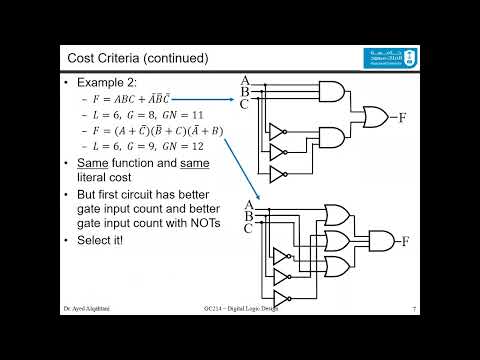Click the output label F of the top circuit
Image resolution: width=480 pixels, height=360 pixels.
coord(402,118)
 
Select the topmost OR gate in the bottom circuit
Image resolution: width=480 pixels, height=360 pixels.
coord(339,215)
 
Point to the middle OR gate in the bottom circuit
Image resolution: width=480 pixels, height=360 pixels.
coord(339,240)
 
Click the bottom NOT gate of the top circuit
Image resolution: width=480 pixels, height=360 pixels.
coord(279,174)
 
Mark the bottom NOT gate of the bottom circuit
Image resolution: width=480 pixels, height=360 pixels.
coord(283,298)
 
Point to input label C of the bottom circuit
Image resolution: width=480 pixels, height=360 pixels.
coord(248,229)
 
